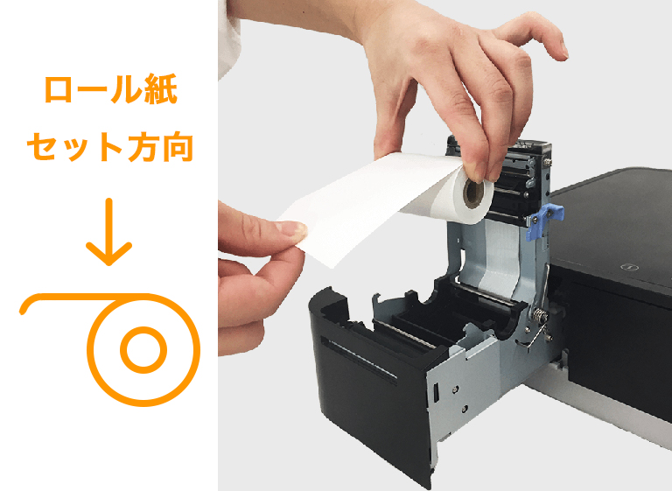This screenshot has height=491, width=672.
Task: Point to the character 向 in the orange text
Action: click(x=175, y=146)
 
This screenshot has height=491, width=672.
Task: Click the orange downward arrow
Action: click(x=108, y=232)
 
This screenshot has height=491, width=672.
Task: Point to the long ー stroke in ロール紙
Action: click(x=93, y=92)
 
